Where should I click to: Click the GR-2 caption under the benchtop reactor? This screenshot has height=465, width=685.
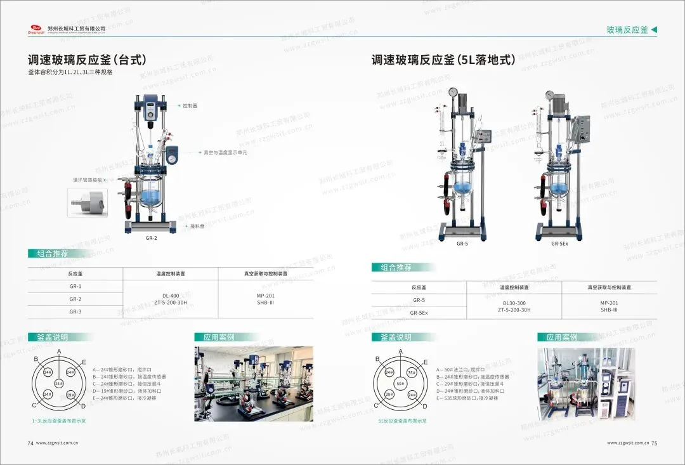point(150,238)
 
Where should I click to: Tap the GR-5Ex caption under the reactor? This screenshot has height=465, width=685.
point(559,243)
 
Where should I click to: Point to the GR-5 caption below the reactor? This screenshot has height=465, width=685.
point(462,243)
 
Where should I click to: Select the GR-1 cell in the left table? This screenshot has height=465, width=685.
point(75,286)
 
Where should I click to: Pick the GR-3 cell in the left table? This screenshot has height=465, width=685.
point(75,311)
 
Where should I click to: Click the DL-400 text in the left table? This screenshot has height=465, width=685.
point(170,296)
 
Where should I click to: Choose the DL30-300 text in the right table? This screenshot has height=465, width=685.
point(514,303)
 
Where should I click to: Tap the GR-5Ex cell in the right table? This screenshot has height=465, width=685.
point(419,313)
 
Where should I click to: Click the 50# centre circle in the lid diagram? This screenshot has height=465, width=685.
point(400,384)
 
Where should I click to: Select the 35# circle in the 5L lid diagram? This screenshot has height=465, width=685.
point(412,372)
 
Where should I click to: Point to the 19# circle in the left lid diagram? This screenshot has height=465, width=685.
point(70,394)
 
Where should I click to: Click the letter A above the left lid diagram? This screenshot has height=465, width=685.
point(59,351)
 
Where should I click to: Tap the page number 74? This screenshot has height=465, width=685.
point(30,443)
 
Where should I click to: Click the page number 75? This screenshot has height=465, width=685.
point(655,443)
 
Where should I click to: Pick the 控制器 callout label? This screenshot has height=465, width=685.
point(190,106)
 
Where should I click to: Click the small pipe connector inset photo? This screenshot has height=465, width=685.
point(86,202)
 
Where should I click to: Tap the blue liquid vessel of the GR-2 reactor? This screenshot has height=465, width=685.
point(151,197)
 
